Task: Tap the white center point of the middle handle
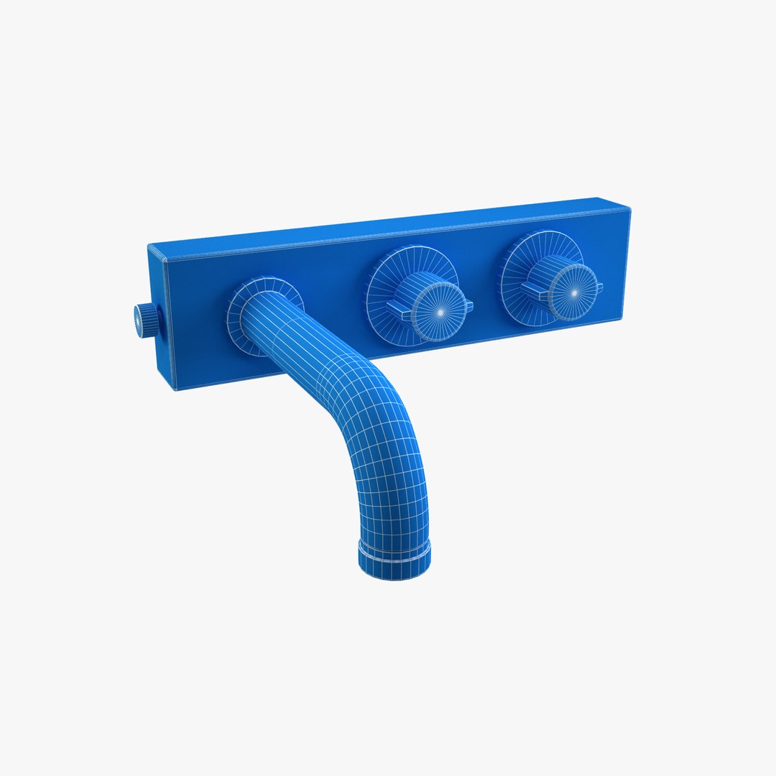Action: pos(439,313)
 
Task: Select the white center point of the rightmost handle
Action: pos(574,293)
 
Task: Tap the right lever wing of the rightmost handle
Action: pos(599,287)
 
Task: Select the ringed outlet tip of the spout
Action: pos(394,558)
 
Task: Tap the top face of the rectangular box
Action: pos(388,226)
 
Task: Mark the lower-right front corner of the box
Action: pos(622,314)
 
